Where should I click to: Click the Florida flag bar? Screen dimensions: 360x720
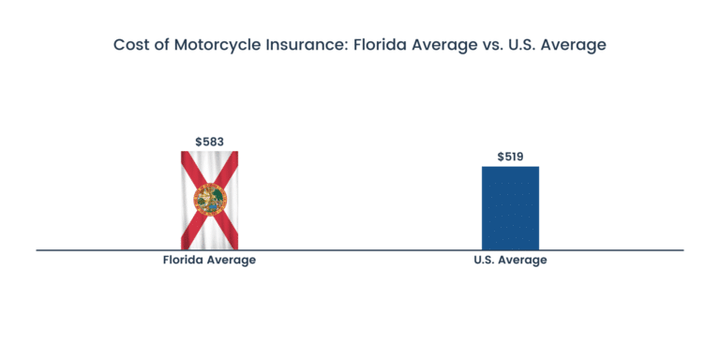point(209,200)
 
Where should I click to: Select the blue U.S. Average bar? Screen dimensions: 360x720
point(510,208)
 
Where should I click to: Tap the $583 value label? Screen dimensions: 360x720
point(209,142)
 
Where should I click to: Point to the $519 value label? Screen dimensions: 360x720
point(510,157)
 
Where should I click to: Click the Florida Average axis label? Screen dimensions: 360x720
point(209,260)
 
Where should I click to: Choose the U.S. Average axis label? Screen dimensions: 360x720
point(510,260)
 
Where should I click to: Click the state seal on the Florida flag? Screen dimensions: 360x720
point(209,198)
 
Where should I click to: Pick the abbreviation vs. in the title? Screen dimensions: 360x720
point(486,45)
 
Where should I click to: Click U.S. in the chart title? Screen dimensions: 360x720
point(517,45)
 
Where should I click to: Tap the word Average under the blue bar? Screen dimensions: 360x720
point(523,260)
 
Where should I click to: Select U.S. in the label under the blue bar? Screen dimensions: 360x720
point(485,260)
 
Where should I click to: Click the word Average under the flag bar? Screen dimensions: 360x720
point(232,260)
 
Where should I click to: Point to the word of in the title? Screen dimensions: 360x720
point(161,45)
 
